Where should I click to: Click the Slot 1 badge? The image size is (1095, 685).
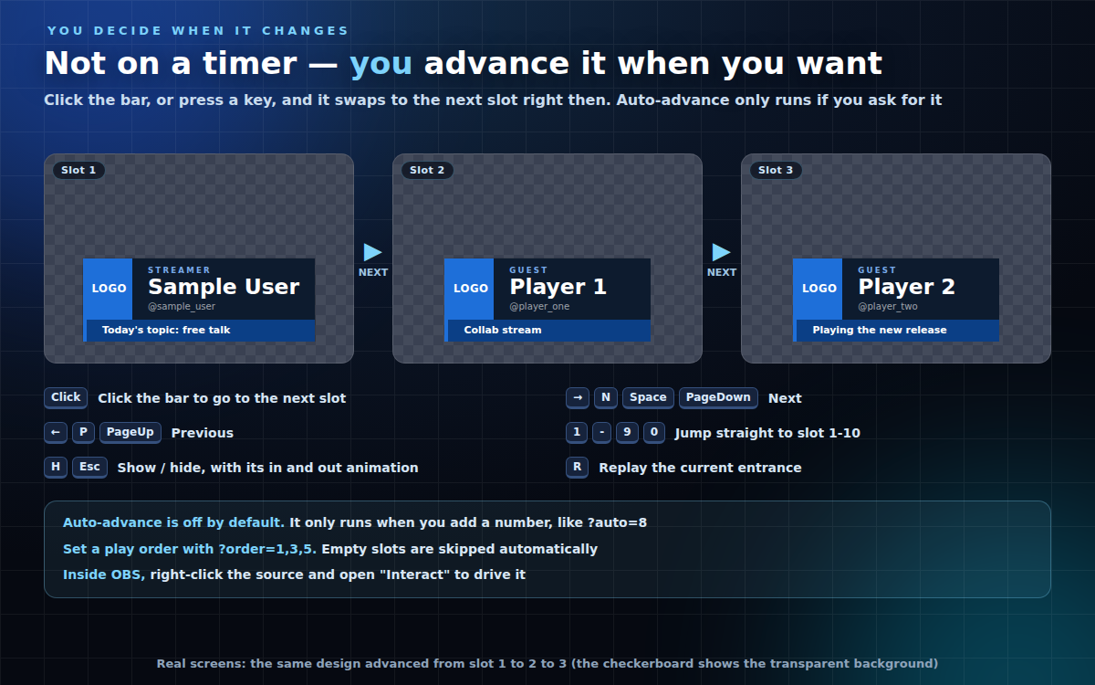pos(78,170)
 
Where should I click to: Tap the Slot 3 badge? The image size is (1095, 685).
pos(776,170)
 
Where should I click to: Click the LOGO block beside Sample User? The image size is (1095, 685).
pos(108,289)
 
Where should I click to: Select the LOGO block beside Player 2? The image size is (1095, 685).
pos(818,289)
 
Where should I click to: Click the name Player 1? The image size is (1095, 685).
pos(558,287)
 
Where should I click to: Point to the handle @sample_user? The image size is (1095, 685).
pos(182,307)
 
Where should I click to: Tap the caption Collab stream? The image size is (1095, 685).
pos(503,330)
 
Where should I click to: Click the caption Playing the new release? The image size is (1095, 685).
pos(880,330)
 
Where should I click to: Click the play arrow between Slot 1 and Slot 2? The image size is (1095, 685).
pos(372,252)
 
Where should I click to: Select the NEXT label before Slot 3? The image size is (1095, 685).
pos(722,272)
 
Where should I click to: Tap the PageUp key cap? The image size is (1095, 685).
pos(130,433)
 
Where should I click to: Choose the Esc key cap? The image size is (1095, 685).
pos(90,468)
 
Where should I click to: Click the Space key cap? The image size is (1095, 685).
pos(648,398)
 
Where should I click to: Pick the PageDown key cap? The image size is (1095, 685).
pos(718,398)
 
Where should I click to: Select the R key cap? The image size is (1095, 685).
pos(578,468)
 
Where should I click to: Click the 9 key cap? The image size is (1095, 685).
pos(627,433)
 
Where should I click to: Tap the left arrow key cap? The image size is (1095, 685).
pos(56,433)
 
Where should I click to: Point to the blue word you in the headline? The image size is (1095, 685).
pos(381,65)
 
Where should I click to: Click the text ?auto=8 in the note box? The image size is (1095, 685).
pos(617,522)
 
